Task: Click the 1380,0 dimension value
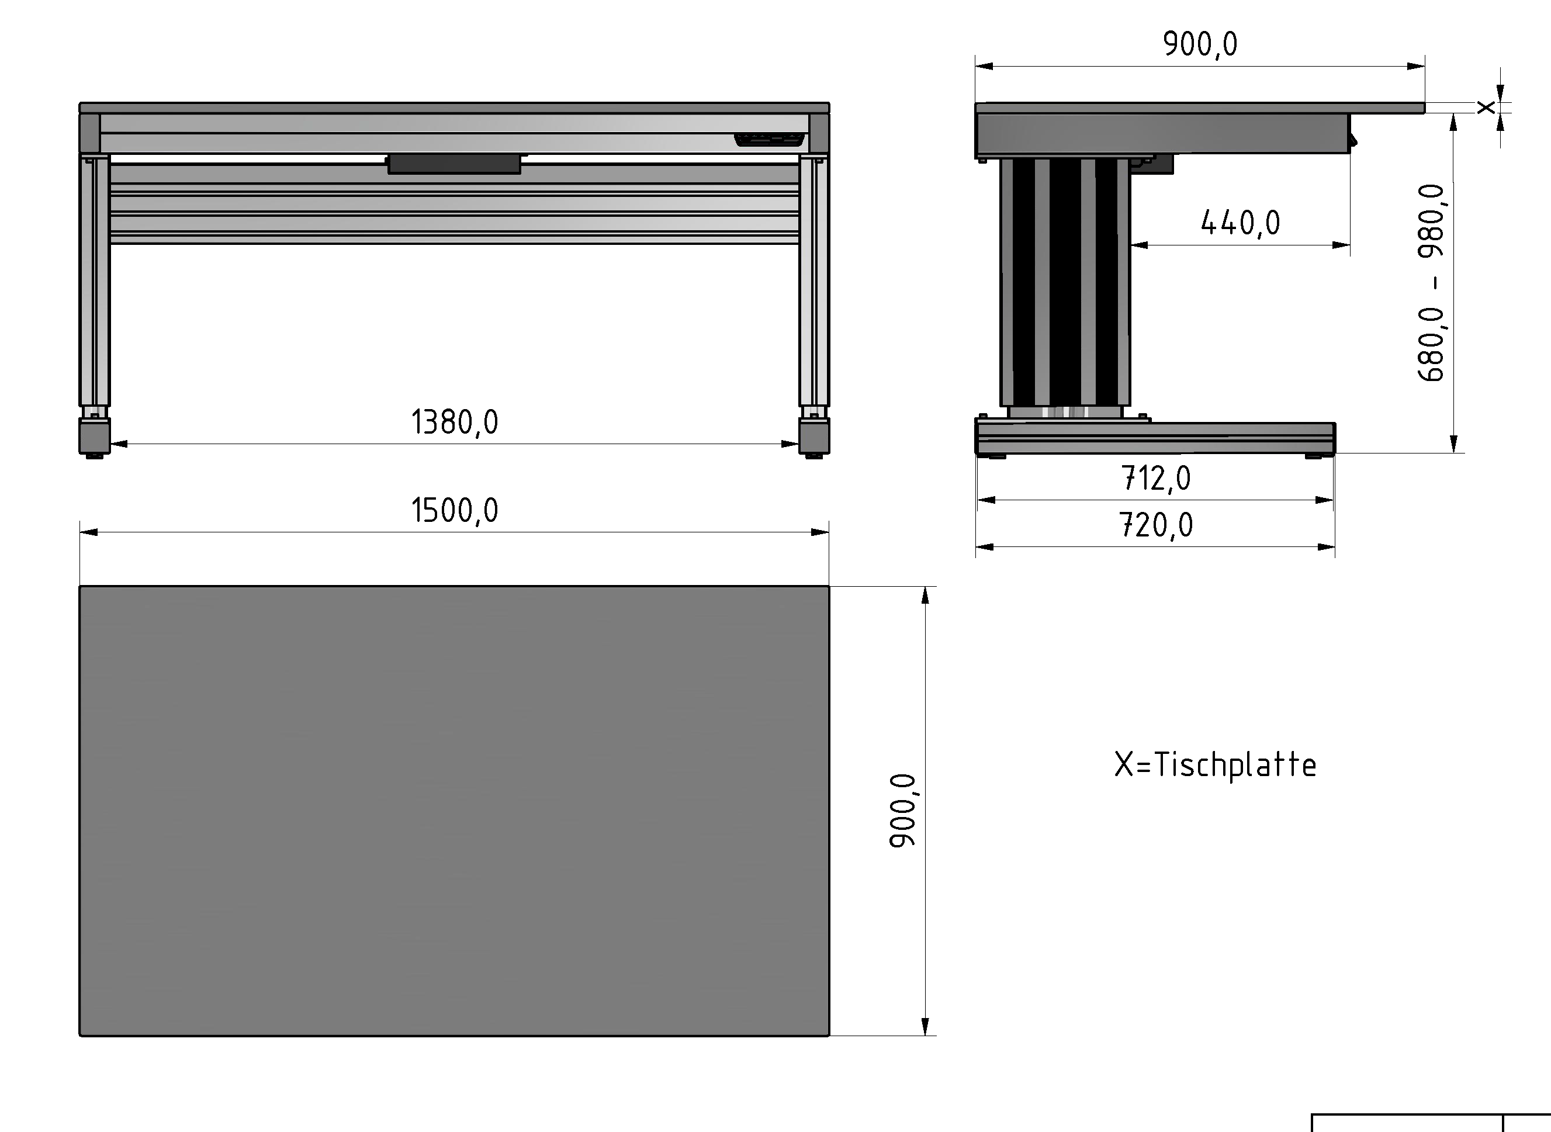pyautogui.click(x=454, y=422)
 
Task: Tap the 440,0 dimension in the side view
pyautogui.click(x=1240, y=223)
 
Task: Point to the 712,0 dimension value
pyautogui.click(x=1156, y=478)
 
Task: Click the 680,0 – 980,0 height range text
pyautogui.click(x=1431, y=282)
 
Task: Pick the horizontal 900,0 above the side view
pyautogui.click(x=1200, y=44)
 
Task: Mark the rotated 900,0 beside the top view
pyautogui.click(x=902, y=811)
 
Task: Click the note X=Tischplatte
pyautogui.click(x=1214, y=765)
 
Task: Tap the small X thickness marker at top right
pyautogui.click(x=1485, y=108)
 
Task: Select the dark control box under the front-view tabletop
pyautogui.click(x=454, y=164)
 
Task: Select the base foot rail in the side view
pyautogui.click(x=1155, y=438)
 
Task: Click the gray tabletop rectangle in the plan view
pyautogui.click(x=454, y=811)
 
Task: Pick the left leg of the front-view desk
pyautogui.click(x=95, y=281)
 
